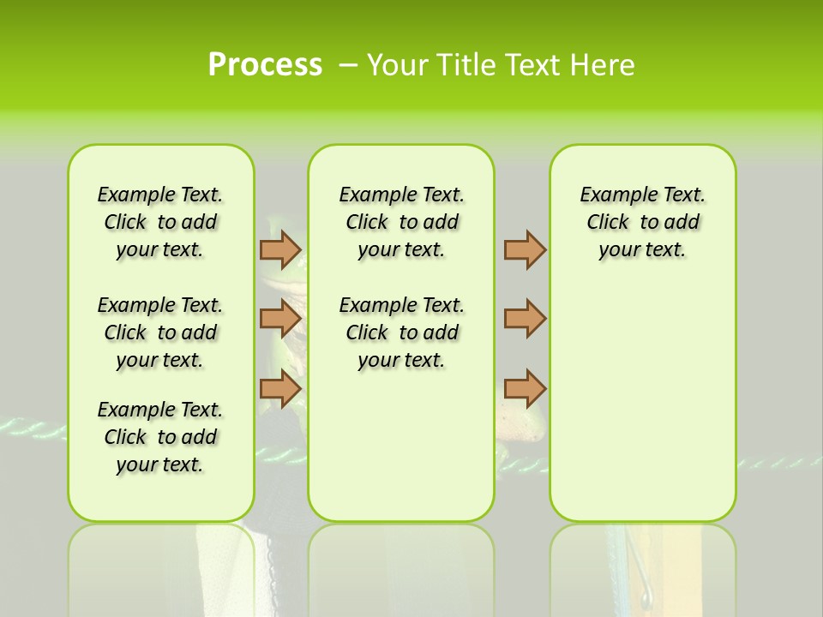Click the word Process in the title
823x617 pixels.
pos(265,64)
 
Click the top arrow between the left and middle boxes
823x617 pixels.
pos(279,249)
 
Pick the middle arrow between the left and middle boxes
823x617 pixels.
pos(279,319)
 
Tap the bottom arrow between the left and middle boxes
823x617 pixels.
pos(279,388)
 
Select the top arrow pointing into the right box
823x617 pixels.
pos(525,249)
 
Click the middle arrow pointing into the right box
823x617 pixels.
pos(525,319)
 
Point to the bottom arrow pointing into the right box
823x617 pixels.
pos(525,388)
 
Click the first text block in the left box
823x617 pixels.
pos(160,222)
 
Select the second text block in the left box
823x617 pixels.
pos(160,332)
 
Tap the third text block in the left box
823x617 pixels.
pos(160,437)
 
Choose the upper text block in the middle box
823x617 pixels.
pos(401,222)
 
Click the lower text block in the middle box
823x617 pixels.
pos(401,332)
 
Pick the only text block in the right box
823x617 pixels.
pos(642,222)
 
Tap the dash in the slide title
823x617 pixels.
pos(348,64)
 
